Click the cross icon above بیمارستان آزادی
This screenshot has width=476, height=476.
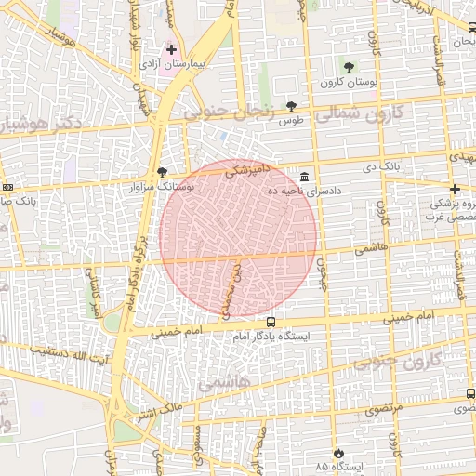[x=171, y=48]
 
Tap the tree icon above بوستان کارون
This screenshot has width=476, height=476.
[x=349, y=67]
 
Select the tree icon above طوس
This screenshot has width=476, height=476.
[x=292, y=106]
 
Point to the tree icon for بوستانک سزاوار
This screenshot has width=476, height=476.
[x=164, y=172]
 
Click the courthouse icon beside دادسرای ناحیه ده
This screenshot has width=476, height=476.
[x=306, y=177]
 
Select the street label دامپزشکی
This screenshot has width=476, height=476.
[x=247, y=171]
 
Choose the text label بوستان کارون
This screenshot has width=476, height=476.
[x=350, y=82]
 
